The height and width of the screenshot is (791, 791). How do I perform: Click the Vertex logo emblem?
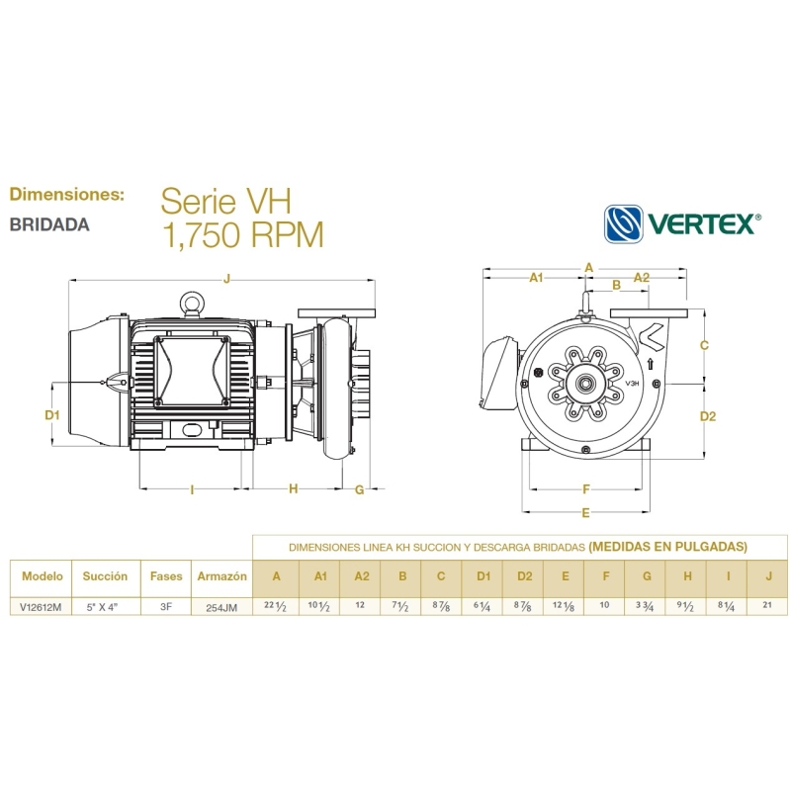click(x=624, y=223)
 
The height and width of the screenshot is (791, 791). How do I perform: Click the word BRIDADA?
click(x=49, y=224)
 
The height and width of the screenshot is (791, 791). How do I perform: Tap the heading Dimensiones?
click(x=66, y=194)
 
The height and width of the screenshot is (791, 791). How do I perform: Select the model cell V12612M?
click(x=42, y=607)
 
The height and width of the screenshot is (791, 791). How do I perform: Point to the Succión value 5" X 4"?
click(x=105, y=607)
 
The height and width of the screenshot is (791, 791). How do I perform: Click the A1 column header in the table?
click(x=319, y=575)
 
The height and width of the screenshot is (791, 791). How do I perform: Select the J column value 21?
click(x=767, y=606)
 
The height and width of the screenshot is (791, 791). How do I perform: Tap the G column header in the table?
click(x=646, y=575)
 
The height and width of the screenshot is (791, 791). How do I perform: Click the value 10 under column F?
click(x=605, y=606)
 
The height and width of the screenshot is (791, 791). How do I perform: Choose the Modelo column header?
click(x=42, y=574)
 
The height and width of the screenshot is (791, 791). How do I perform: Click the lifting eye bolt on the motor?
click(x=191, y=302)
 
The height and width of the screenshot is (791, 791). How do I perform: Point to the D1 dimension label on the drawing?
click(x=53, y=415)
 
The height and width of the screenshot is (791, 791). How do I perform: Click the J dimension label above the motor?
click(x=226, y=280)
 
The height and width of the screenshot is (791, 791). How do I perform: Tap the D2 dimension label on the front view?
click(x=707, y=416)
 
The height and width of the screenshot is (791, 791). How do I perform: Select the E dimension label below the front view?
click(x=586, y=512)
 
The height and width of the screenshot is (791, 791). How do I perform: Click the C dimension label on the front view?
click(x=704, y=345)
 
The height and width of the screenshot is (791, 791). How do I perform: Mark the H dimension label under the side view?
click(x=293, y=488)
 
